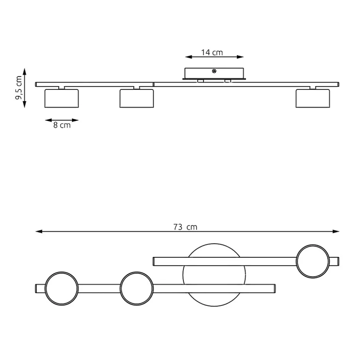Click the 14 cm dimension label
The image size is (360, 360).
click(x=212, y=53)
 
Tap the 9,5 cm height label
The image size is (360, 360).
click(x=19, y=88)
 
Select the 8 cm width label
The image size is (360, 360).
click(x=62, y=125)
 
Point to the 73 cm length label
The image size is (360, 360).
click(x=185, y=227)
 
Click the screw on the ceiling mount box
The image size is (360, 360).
click(x=214, y=71)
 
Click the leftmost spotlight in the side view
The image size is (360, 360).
click(x=62, y=98)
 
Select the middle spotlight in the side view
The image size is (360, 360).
click(x=137, y=98)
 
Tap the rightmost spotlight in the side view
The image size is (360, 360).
click(x=312, y=98)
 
